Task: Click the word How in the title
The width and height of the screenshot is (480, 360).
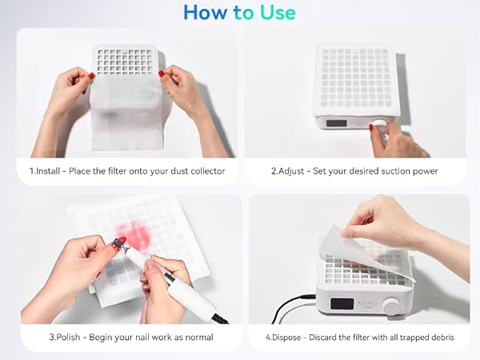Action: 202,12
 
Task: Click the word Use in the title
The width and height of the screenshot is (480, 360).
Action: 275,12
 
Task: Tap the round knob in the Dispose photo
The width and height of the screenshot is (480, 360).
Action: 391,306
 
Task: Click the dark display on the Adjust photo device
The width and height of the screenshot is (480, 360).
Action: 337,124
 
